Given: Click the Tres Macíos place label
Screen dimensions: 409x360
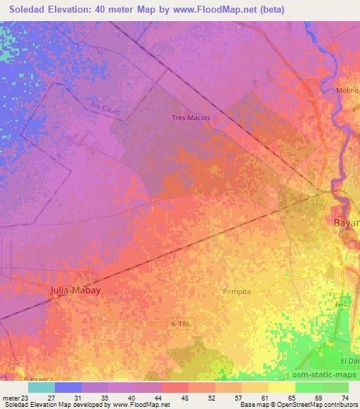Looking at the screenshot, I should pyautogui.click(x=191, y=118).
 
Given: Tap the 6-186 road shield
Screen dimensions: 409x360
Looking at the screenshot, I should pyautogui.click(x=181, y=323).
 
